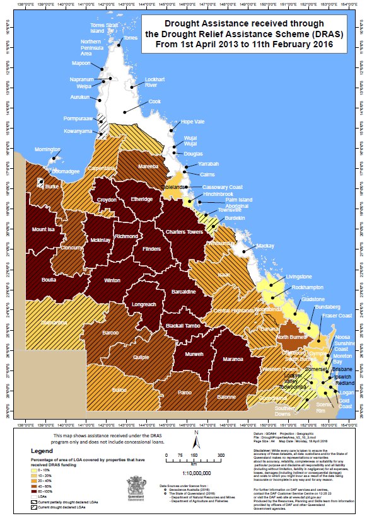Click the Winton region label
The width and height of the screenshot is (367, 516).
coord(112,280)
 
